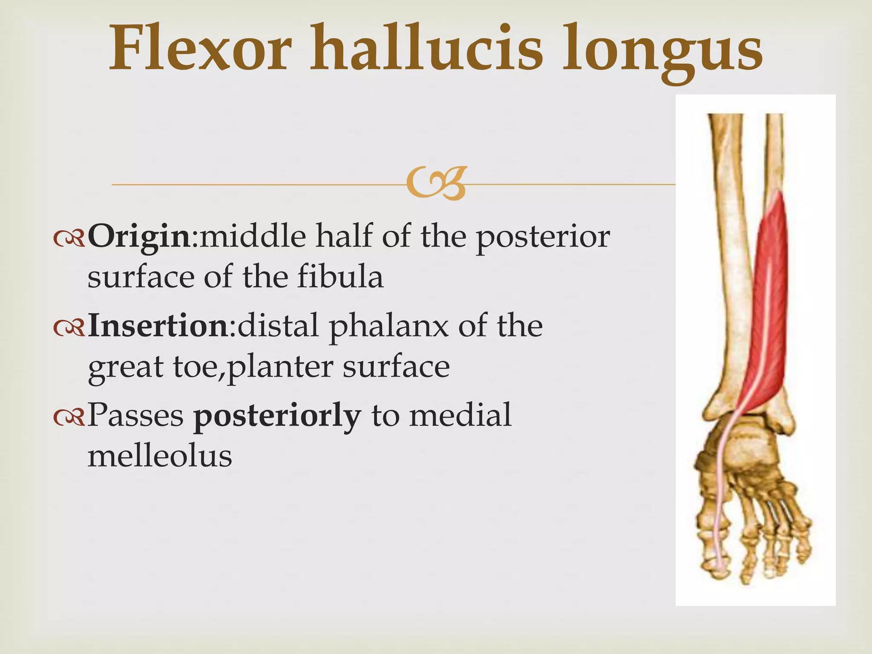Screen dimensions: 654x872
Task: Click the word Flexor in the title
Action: pyautogui.click(x=200, y=49)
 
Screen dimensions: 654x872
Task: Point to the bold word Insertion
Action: pyautogui.click(x=158, y=326)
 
